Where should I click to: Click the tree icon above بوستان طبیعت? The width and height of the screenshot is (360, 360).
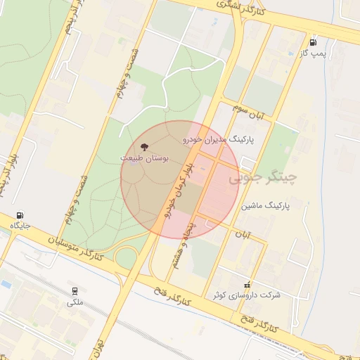pos(145,148)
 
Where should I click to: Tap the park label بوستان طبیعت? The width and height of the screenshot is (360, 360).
pos(145,160)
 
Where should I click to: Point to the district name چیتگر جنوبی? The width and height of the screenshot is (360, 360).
pos(263,178)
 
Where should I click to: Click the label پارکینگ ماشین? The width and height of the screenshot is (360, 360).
pos(265,206)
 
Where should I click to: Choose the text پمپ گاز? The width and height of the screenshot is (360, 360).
pos(313,53)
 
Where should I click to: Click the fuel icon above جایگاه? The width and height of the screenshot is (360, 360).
pos(20,215)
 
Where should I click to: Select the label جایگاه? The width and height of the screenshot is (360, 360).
pos(20,226)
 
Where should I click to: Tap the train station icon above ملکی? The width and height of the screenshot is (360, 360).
pos(75,291)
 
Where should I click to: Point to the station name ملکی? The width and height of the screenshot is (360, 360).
pos(75,302)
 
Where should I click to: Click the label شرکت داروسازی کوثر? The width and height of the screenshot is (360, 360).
pos(247,295)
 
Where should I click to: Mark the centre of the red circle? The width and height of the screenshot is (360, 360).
pos(180,180)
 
